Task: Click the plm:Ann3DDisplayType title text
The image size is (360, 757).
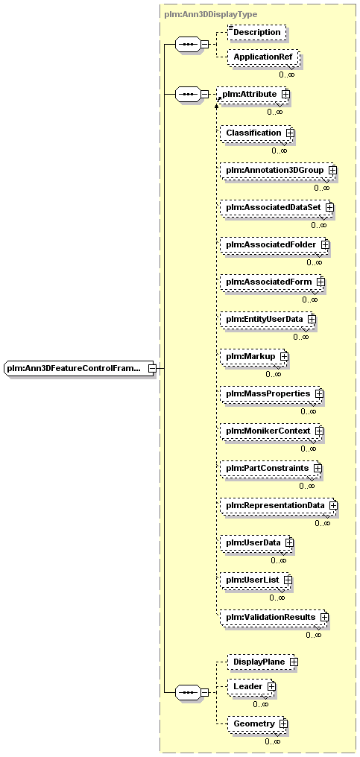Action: (x=211, y=14)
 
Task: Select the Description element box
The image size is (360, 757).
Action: (x=256, y=32)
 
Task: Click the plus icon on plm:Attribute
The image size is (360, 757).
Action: (x=285, y=94)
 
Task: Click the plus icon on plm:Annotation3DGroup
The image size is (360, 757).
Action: (x=332, y=171)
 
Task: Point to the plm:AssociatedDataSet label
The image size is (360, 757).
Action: (x=273, y=207)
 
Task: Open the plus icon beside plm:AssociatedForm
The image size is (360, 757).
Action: (x=320, y=282)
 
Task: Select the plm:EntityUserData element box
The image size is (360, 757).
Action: (x=267, y=319)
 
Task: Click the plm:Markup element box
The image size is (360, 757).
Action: (x=253, y=356)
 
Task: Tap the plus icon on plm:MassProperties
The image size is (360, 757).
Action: (x=319, y=393)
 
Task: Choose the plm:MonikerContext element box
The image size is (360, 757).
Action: (x=271, y=431)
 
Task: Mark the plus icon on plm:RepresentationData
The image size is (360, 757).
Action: (x=333, y=505)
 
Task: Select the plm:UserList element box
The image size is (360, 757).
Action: (x=255, y=580)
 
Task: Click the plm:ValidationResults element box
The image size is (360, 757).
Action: (x=273, y=617)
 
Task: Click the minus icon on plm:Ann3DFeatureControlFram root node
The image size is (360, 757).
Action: (x=152, y=369)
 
